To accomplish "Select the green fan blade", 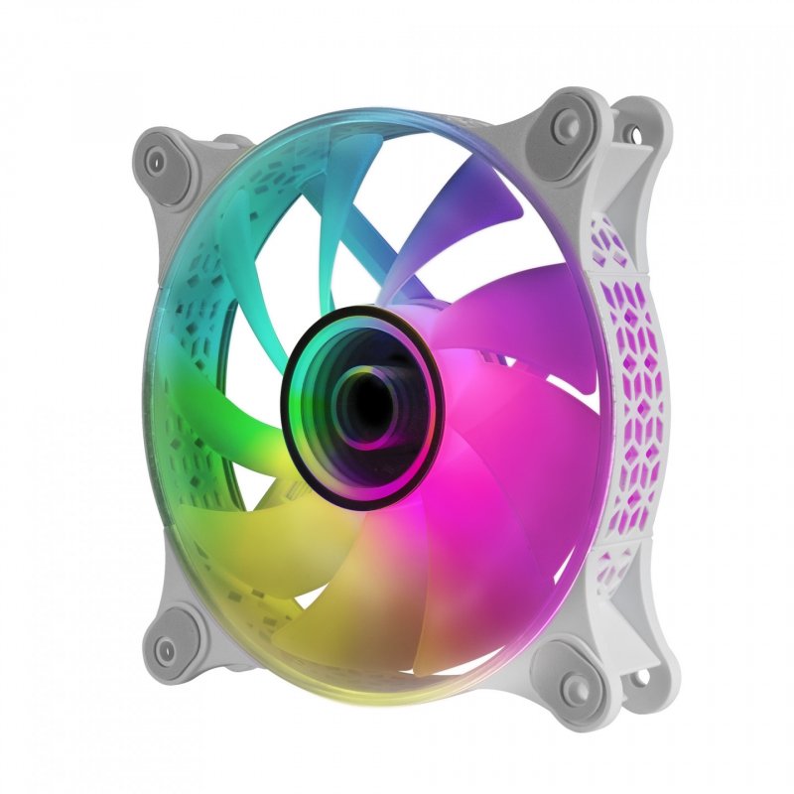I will [228, 437].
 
